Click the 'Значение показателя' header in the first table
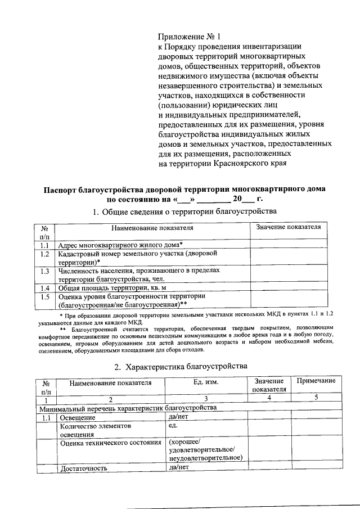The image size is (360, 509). click(x=288, y=227)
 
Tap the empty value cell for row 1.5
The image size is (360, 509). click(x=288, y=300)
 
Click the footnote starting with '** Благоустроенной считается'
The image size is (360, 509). click(x=185, y=338)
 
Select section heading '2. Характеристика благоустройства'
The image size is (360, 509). click(x=181, y=366)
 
